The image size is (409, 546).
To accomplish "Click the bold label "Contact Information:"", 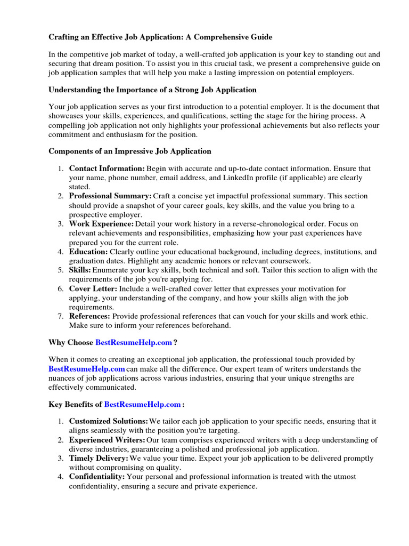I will pyautogui.click(x=107, y=168).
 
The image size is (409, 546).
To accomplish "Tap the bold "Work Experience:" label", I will pyautogui.click(x=101, y=224).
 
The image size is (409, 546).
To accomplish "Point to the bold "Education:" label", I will pyautogui.click(x=88, y=252).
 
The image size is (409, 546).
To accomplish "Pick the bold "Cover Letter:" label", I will pyautogui.click(x=93, y=288).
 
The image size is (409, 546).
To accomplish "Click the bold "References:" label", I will pyautogui.click(x=89, y=316).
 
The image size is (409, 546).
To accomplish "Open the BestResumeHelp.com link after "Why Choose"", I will pyautogui.click(x=134, y=342).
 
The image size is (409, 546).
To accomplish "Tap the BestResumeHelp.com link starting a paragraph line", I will pyautogui.click(x=87, y=369).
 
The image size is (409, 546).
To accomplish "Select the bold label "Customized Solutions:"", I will pyautogui.click(x=109, y=421).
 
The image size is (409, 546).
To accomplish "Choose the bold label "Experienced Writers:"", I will pyautogui.click(x=107, y=440).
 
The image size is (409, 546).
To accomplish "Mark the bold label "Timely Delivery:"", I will pyautogui.click(x=99, y=459).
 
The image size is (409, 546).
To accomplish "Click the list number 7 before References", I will pyautogui.click(x=60, y=316).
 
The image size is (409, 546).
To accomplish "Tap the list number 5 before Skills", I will pyautogui.click(x=60, y=270).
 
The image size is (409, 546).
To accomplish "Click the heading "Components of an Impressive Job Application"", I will pyautogui.click(x=130, y=151).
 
